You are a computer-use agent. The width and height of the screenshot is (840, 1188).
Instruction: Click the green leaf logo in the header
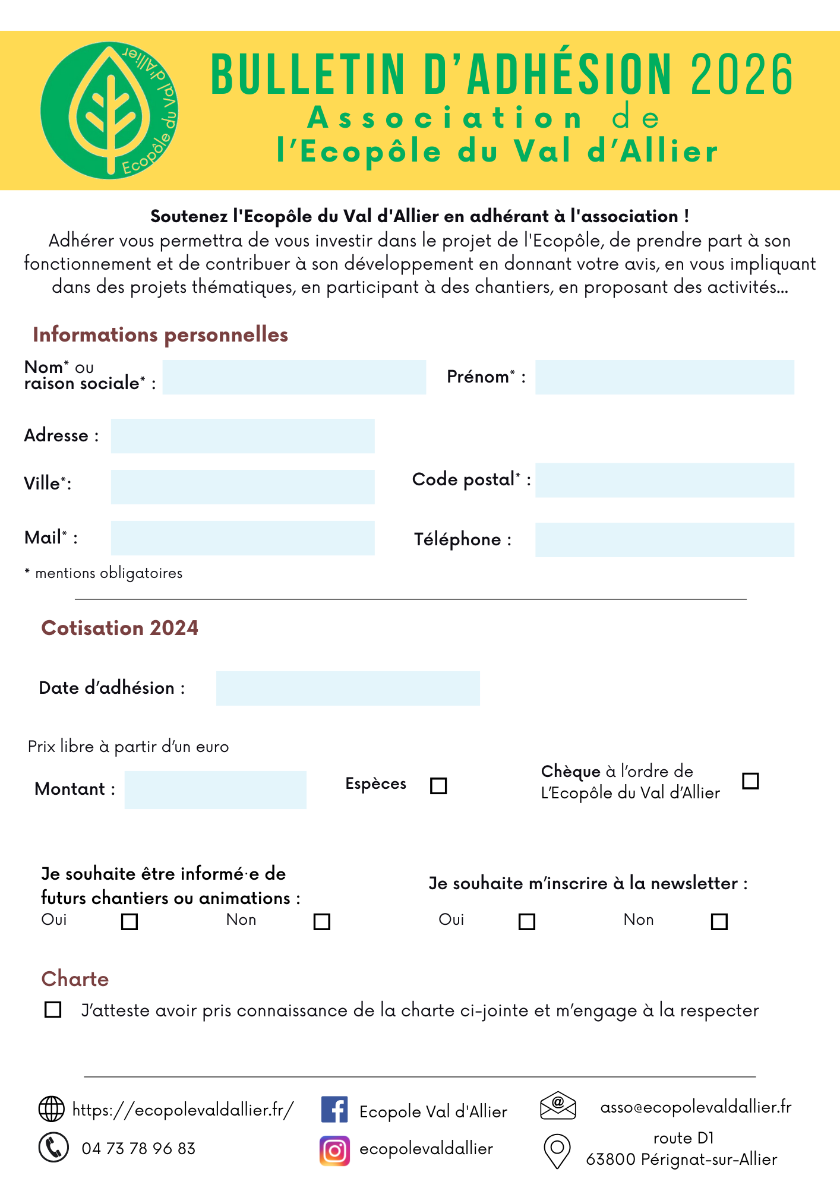tap(109, 110)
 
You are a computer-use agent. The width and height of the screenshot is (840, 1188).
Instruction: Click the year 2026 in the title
tap(742, 75)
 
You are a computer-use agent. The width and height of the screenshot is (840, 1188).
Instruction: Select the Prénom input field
tap(664, 377)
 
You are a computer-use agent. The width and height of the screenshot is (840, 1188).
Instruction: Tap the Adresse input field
tap(242, 436)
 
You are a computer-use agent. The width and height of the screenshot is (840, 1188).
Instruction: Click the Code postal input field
tap(664, 480)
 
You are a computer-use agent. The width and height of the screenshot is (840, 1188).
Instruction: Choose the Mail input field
tap(242, 538)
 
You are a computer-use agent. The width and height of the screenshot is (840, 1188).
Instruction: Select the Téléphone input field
tap(664, 540)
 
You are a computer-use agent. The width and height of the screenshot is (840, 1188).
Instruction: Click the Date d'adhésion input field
tap(348, 688)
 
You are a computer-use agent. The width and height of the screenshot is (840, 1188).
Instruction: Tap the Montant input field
tap(215, 790)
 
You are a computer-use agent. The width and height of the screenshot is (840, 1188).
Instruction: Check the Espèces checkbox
tap(438, 786)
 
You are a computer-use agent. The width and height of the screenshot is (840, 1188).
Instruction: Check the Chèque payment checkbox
tap(751, 781)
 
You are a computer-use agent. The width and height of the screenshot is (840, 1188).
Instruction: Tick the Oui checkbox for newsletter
tap(527, 921)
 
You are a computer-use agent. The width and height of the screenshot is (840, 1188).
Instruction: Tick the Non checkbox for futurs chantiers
tap(322, 921)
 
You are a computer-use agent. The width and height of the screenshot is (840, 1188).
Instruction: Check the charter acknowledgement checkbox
tap(53, 1010)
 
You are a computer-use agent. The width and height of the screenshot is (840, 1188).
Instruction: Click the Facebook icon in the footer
tap(334, 1110)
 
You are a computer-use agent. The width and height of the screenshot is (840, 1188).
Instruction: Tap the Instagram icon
tap(334, 1151)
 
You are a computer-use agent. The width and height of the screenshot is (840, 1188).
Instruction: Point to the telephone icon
tap(53, 1147)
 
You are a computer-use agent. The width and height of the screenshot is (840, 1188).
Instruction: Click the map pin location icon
tap(557, 1151)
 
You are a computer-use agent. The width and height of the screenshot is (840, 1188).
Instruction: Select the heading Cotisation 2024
tap(119, 628)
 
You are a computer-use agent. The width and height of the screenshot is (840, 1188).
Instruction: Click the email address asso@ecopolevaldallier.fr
tap(696, 1107)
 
